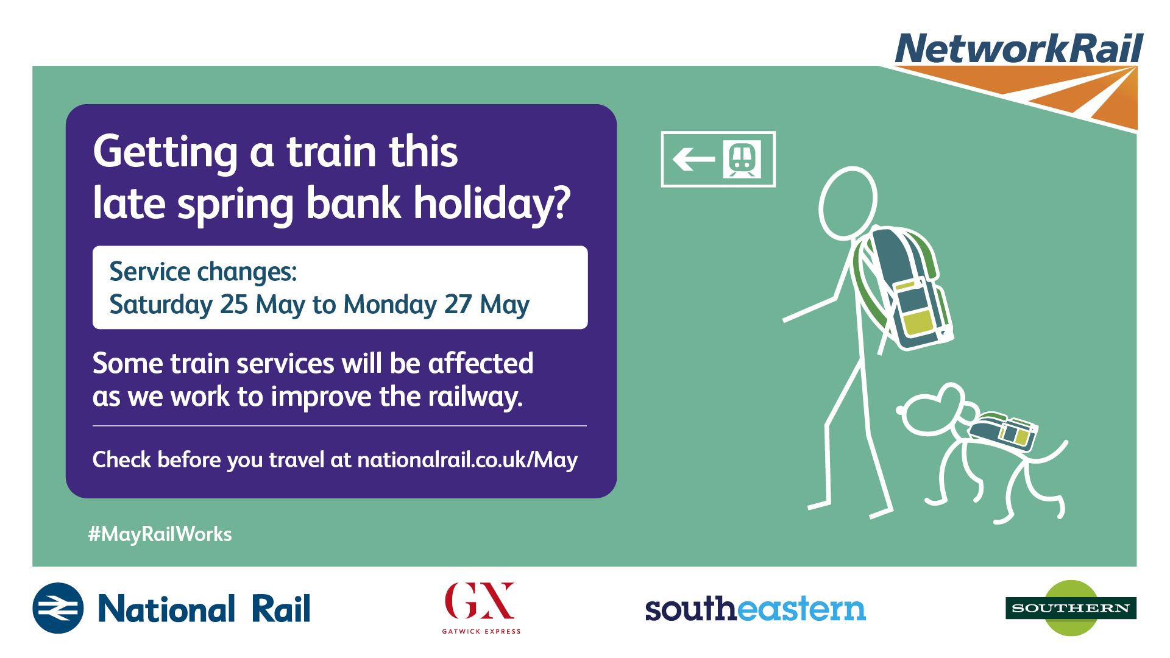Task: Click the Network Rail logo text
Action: coord(1019,49)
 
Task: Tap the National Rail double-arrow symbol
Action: coord(58,608)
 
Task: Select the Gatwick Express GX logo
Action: coord(481,608)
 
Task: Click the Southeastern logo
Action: coord(755,608)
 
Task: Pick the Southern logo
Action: coord(1071,608)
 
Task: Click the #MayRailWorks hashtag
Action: coord(160,534)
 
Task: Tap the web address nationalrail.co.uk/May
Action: coord(467,460)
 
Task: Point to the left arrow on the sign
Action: coord(693,160)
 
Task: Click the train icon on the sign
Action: coord(742,159)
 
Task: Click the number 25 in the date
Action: coord(234,305)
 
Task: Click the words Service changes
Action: coord(203,272)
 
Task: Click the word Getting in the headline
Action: coord(165,152)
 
